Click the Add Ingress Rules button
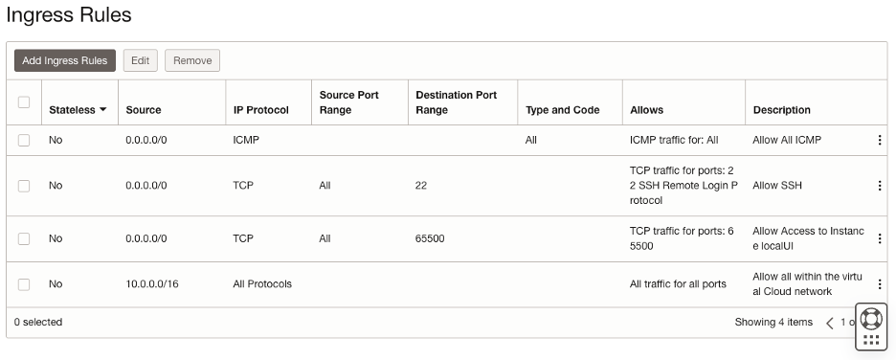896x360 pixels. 65,60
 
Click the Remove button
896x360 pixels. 192,60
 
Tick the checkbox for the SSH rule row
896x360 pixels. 24,186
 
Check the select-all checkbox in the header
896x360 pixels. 24,102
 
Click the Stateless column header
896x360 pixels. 77,110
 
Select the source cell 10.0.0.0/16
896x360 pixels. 152,284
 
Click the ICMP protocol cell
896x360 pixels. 246,140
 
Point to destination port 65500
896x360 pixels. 430,238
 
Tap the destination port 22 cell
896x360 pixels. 421,186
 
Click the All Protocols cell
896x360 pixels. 262,284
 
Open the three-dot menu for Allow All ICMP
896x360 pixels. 879,140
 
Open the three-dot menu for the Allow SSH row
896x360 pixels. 879,186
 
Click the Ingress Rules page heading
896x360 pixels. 69,15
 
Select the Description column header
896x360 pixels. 781,110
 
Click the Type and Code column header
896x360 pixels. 562,110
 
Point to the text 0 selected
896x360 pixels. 38,323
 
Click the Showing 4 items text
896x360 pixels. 773,323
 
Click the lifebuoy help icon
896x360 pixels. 870,317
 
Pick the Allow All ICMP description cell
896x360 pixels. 787,140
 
